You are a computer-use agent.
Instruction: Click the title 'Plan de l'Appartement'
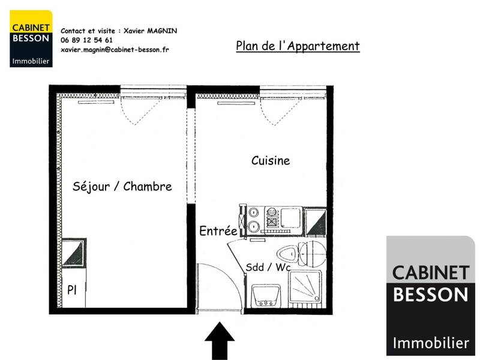(x=298, y=46)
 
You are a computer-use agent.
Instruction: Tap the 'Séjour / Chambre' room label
(x=122, y=187)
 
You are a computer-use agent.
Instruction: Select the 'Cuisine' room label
(x=270, y=160)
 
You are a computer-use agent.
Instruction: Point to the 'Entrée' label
(x=218, y=231)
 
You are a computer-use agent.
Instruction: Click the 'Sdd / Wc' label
(x=265, y=268)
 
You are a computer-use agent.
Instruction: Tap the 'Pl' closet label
(x=71, y=290)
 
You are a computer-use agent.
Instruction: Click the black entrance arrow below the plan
(x=220, y=341)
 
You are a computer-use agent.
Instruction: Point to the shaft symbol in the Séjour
(x=74, y=253)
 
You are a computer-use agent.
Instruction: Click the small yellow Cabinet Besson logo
(x=31, y=38)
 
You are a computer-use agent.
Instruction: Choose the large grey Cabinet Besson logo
(x=430, y=296)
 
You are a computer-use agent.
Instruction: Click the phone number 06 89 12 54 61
(x=86, y=40)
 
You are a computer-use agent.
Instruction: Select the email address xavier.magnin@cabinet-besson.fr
(x=115, y=50)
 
